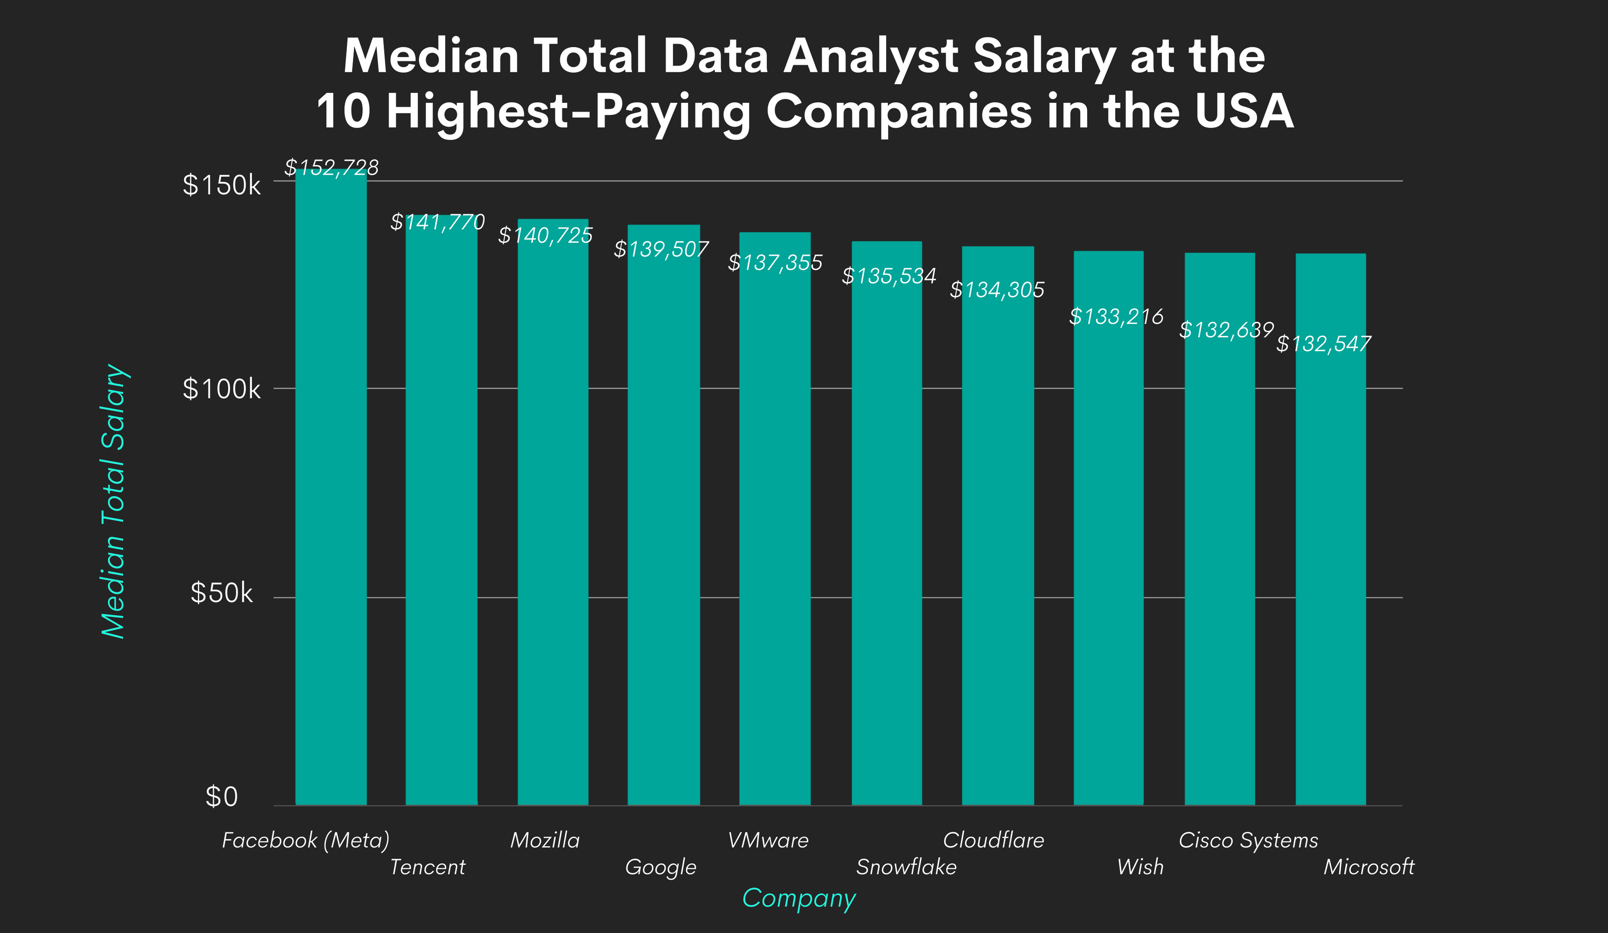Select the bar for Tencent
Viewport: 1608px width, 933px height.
(x=441, y=510)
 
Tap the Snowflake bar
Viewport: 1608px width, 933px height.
(x=887, y=523)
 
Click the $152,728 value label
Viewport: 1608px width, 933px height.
(x=331, y=168)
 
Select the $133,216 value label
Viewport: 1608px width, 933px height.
(x=1116, y=316)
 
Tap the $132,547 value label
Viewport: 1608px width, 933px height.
(x=1323, y=344)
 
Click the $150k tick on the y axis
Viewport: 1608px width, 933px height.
(x=222, y=185)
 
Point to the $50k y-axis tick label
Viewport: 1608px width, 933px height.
(x=222, y=593)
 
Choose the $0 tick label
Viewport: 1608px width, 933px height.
(x=222, y=797)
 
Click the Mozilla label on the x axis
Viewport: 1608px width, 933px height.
(x=545, y=840)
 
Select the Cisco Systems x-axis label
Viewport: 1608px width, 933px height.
(x=1247, y=840)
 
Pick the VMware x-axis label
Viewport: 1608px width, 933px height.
(x=768, y=840)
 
